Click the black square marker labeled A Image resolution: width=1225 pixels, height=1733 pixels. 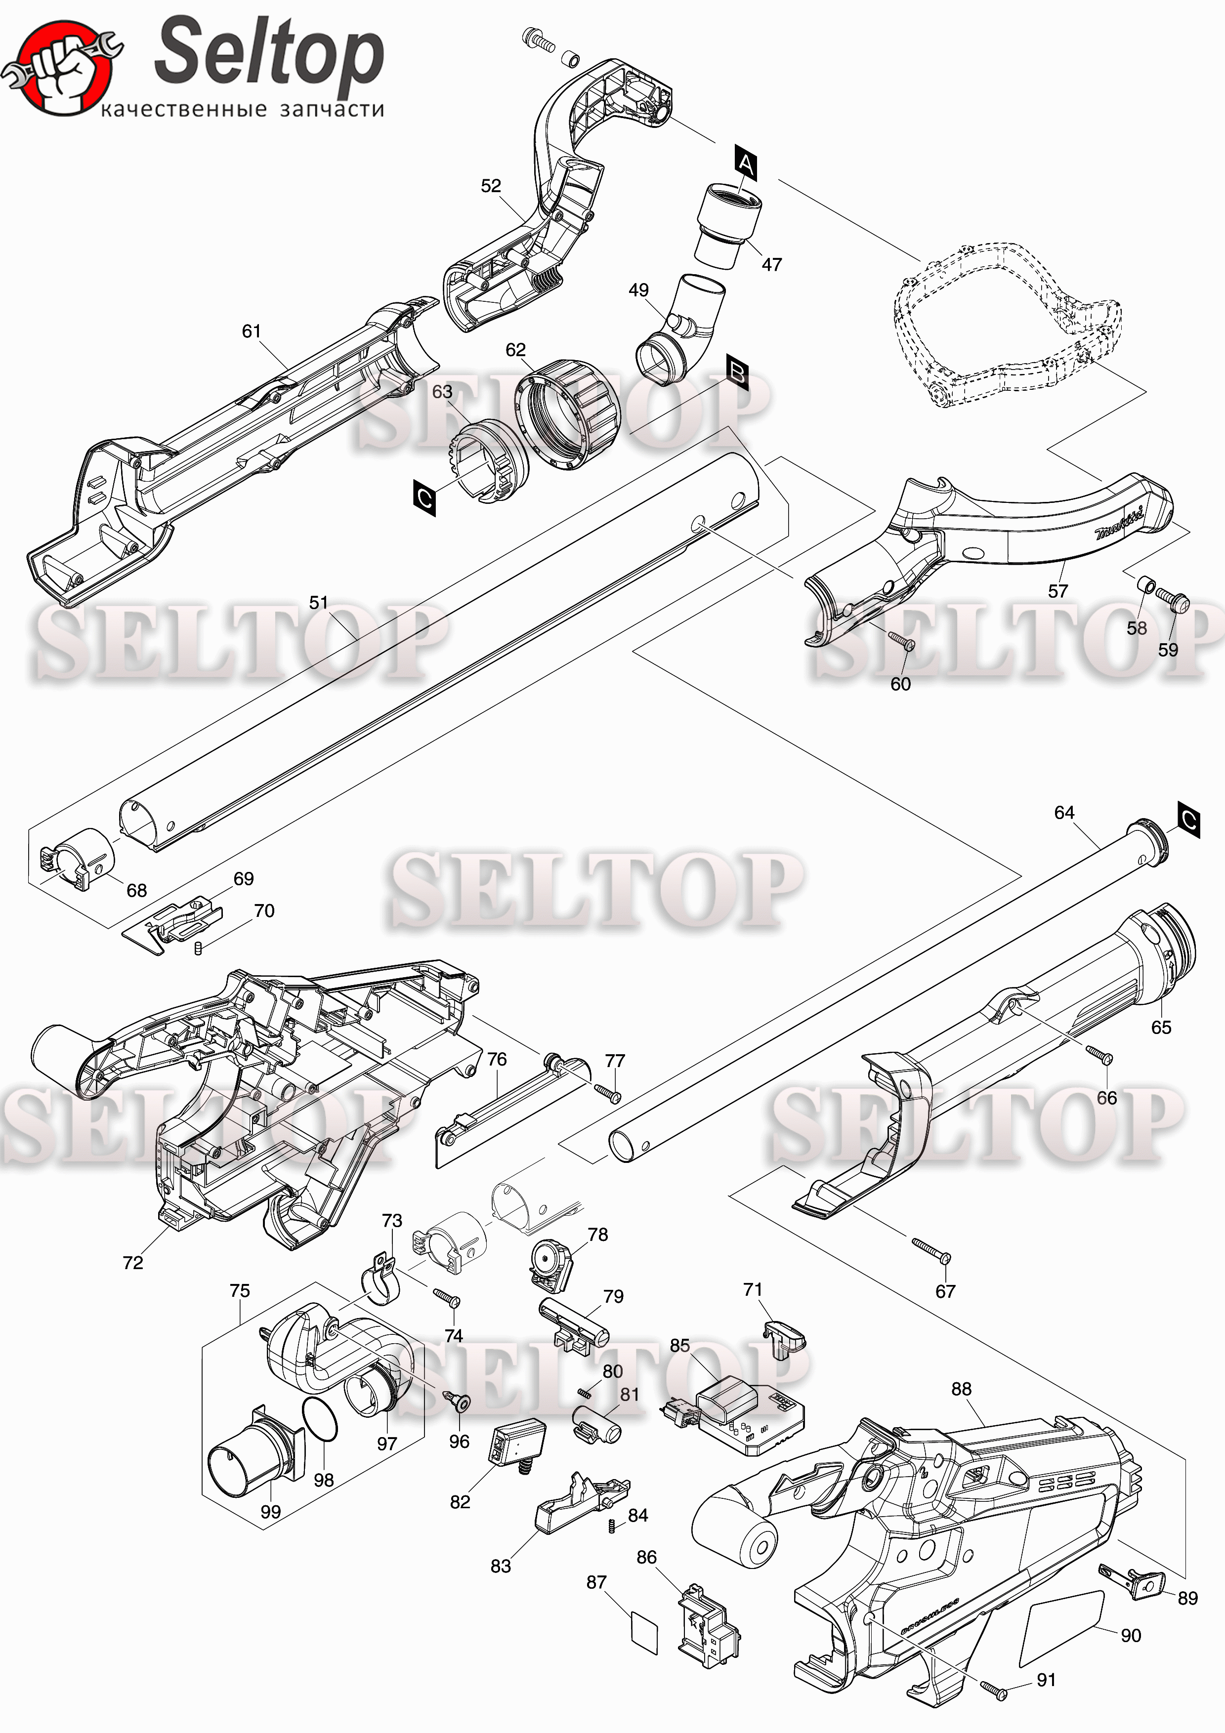[x=745, y=164]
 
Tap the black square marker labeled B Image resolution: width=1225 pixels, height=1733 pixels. [x=737, y=372]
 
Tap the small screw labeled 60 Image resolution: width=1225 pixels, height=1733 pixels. [x=901, y=642]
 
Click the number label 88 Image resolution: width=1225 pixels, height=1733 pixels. [x=961, y=1389]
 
